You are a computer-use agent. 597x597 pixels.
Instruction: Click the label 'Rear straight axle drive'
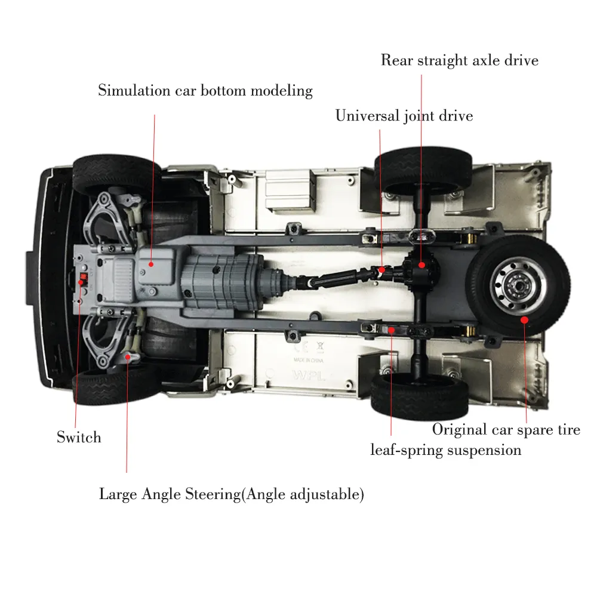[x=459, y=60]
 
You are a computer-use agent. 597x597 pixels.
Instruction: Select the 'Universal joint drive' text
[x=404, y=115]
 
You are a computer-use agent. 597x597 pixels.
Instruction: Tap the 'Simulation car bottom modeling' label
[x=205, y=91]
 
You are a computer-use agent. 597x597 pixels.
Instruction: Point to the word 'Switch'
[x=79, y=437]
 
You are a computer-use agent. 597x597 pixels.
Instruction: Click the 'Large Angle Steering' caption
[x=231, y=494]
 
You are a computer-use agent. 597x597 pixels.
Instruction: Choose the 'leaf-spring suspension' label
[x=445, y=450]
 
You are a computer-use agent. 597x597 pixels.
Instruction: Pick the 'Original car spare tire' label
[x=506, y=429]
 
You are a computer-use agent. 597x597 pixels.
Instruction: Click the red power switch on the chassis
[x=83, y=279]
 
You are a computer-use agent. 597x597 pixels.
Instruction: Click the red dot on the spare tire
[x=525, y=319]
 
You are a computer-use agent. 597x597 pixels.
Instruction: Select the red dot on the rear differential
[x=421, y=264]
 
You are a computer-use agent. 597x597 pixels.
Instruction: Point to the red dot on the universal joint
[x=380, y=269]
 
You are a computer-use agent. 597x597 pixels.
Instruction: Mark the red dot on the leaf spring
[x=391, y=328]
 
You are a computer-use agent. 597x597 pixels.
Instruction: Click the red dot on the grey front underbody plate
[x=151, y=263]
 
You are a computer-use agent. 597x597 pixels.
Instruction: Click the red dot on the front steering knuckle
[x=127, y=357]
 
